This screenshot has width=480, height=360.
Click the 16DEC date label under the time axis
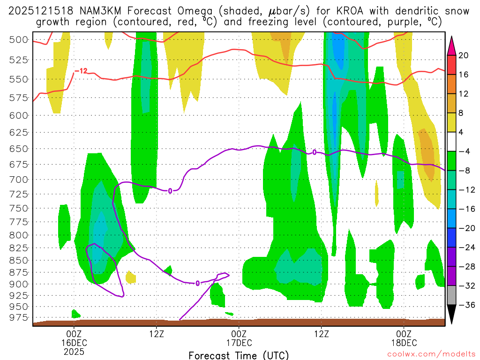74,343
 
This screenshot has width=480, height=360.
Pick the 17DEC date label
239,343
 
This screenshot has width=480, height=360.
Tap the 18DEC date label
404,343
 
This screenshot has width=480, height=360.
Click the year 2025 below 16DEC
74,351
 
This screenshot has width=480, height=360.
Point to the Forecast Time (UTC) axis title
239,355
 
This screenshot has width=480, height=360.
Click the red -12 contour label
81,71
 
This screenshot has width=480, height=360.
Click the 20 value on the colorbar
464,55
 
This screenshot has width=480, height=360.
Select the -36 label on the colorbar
465,305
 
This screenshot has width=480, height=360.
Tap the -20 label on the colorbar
465,228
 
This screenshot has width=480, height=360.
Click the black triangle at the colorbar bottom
452,315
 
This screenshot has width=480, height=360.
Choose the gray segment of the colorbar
452,295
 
